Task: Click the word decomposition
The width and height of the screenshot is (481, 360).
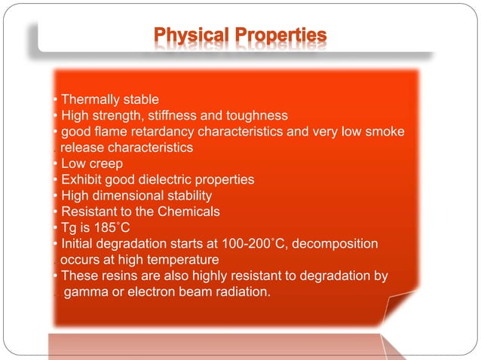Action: (335, 244)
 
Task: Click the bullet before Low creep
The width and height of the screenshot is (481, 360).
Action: (55, 163)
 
